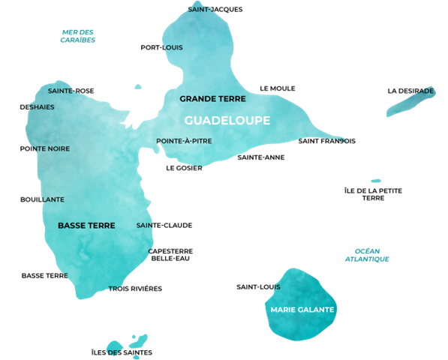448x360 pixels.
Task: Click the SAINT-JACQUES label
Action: click(x=215, y=10)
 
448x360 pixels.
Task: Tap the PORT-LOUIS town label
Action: click(x=161, y=47)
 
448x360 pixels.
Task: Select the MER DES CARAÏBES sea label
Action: click(x=78, y=36)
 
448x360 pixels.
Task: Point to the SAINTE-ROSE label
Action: click(x=71, y=91)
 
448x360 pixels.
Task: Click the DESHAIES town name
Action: click(x=37, y=106)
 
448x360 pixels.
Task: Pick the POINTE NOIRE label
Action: click(x=45, y=148)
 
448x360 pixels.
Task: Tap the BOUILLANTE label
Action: click(x=42, y=199)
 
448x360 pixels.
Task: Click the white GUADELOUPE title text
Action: click(x=227, y=120)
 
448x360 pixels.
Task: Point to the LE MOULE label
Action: click(x=278, y=88)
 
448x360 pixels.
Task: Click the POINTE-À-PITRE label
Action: click(x=184, y=140)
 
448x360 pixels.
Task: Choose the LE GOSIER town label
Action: click(x=184, y=168)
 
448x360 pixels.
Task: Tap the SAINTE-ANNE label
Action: click(x=260, y=157)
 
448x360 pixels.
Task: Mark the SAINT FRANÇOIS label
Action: click(x=326, y=141)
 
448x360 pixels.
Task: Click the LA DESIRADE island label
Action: click(x=410, y=91)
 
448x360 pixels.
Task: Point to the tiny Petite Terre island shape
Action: click(x=376, y=181)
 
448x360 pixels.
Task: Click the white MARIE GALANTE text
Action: click(x=302, y=309)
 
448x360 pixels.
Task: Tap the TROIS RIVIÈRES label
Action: click(x=135, y=288)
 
